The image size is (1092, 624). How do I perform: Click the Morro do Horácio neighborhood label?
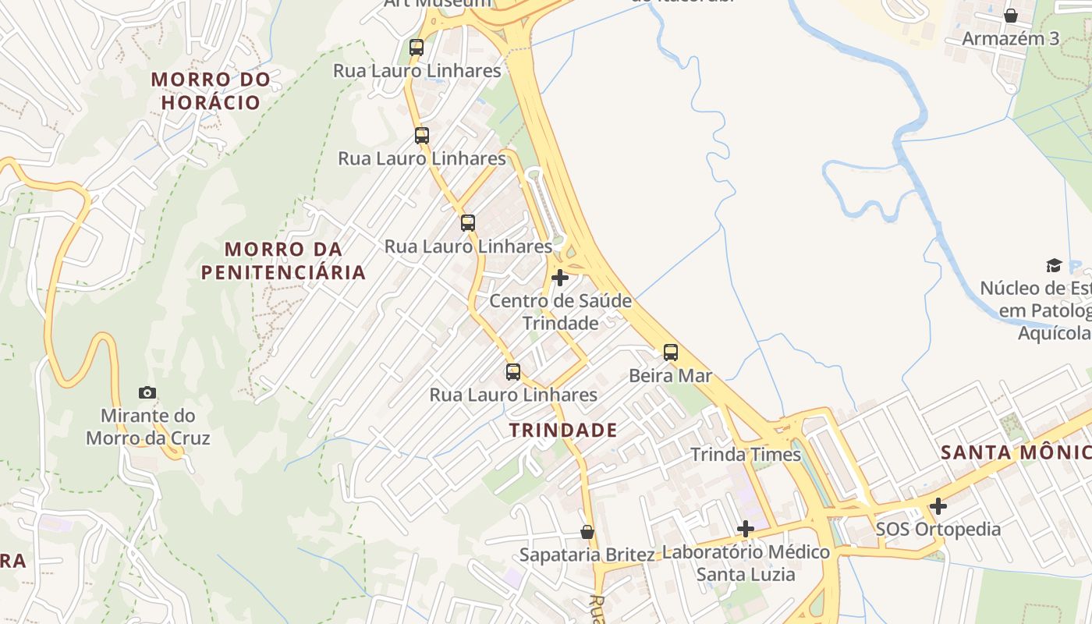(211, 90)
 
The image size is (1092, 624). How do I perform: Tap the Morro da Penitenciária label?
(283, 261)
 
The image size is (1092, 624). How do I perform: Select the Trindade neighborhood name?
(563, 430)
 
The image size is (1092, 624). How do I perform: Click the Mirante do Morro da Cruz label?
(148, 427)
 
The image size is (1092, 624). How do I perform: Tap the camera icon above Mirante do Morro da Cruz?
(147, 392)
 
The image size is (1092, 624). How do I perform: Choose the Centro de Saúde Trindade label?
(560, 311)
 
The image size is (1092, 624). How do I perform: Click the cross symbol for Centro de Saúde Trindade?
(559, 277)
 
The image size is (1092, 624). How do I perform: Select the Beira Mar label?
(670, 376)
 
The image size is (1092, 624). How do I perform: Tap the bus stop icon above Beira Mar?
(670, 352)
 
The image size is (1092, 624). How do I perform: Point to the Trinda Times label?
(746, 454)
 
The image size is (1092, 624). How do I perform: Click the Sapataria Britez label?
(587, 555)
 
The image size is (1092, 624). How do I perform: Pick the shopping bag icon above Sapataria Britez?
(587, 532)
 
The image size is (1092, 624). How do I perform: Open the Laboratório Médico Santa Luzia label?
(746, 563)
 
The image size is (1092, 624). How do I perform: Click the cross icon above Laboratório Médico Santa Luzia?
(746, 529)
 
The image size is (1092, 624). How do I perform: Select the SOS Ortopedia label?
(938, 530)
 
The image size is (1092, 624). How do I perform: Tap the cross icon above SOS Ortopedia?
(938, 506)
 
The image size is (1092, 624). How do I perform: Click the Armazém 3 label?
(1011, 39)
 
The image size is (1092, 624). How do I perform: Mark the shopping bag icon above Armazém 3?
(1011, 16)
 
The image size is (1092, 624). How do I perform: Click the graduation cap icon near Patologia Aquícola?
(1054, 265)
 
